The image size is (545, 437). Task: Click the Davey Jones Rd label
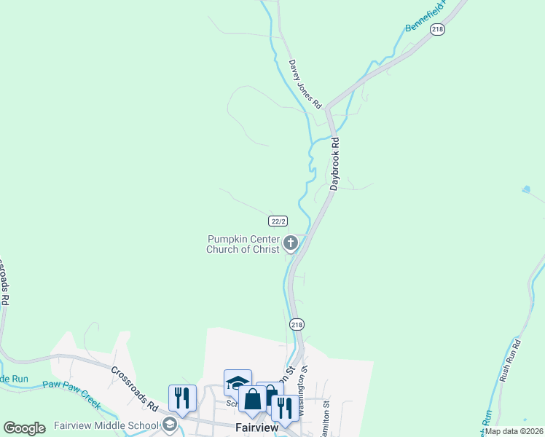point(305,84)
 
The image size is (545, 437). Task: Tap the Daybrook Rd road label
point(335,164)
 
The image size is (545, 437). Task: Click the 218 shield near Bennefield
point(437,29)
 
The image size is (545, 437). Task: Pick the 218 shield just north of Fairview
point(297,324)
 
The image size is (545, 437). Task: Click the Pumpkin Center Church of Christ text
point(243,244)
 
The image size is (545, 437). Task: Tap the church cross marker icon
point(291,243)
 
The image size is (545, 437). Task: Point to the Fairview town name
point(257,428)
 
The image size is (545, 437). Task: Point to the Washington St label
point(304,389)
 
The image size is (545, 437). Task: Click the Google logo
point(24,428)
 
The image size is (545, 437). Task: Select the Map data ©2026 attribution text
point(513,430)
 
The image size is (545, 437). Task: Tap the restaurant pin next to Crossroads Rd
point(182,398)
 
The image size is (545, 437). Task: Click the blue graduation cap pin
point(238,382)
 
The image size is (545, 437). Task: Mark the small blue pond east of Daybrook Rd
point(526,190)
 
